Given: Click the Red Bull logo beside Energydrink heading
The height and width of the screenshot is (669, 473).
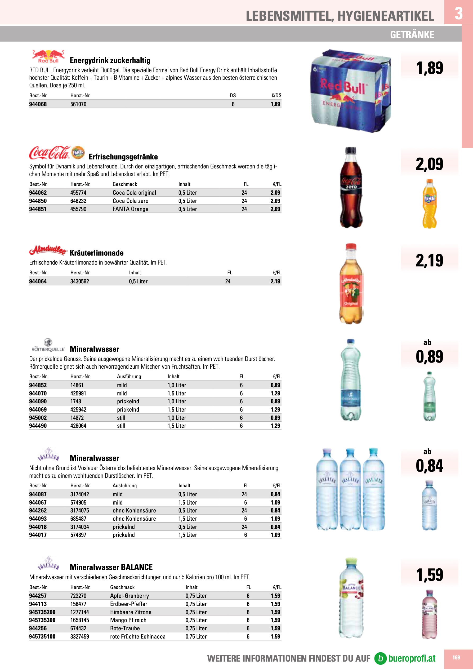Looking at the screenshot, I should (x=48, y=56).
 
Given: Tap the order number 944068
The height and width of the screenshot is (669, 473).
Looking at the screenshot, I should (x=38, y=104).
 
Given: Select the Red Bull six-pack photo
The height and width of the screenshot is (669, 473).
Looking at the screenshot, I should (x=351, y=91).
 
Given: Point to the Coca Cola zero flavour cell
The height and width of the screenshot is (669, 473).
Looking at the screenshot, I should (x=130, y=201).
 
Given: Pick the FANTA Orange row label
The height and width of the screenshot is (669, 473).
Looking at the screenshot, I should (x=130, y=209).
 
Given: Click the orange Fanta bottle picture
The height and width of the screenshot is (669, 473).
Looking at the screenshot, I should (x=429, y=204).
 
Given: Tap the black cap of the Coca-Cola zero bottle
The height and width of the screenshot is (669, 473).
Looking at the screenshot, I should (x=351, y=150).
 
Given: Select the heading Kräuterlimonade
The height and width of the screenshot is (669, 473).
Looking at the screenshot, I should (x=96, y=253).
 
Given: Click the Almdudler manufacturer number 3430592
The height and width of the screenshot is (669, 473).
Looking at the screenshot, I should (x=79, y=282).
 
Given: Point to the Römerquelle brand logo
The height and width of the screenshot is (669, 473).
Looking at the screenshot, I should (x=48, y=346).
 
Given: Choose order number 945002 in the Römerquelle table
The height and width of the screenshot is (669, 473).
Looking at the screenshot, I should (x=38, y=418).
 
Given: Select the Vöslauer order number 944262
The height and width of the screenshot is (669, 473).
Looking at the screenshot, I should (x=38, y=511).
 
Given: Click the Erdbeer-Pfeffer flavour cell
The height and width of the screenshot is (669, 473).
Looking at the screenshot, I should (x=128, y=604).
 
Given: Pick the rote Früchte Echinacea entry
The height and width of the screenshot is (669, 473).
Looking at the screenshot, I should (x=137, y=637).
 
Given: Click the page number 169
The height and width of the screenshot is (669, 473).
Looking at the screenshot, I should (x=456, y=658).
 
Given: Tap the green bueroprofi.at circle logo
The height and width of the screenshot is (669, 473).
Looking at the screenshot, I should (x=380, y=658).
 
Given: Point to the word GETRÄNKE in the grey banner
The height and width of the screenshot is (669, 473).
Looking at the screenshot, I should (x=412, y=35).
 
